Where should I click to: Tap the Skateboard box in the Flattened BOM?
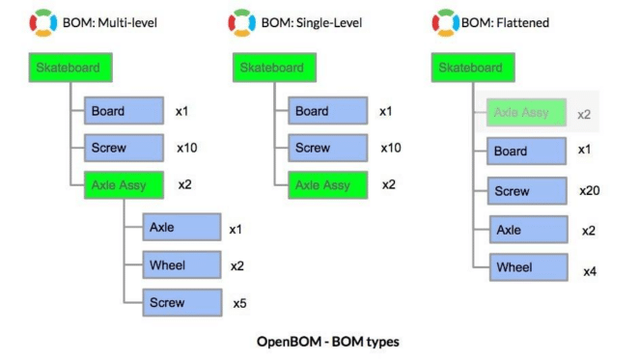[471, 69]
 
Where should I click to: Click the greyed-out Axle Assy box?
[521, 113]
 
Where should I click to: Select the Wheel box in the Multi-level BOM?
[181, 265]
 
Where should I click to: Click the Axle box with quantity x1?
[181, 229]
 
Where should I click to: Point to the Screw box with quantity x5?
[181, 302]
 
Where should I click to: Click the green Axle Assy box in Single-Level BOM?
[327, 184]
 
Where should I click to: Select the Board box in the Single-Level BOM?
[327, 111]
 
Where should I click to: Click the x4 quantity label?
[589, 272]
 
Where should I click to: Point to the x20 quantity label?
[590, 191]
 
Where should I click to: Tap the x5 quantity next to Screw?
[239, 303]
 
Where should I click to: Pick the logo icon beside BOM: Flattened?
[445, 22]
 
